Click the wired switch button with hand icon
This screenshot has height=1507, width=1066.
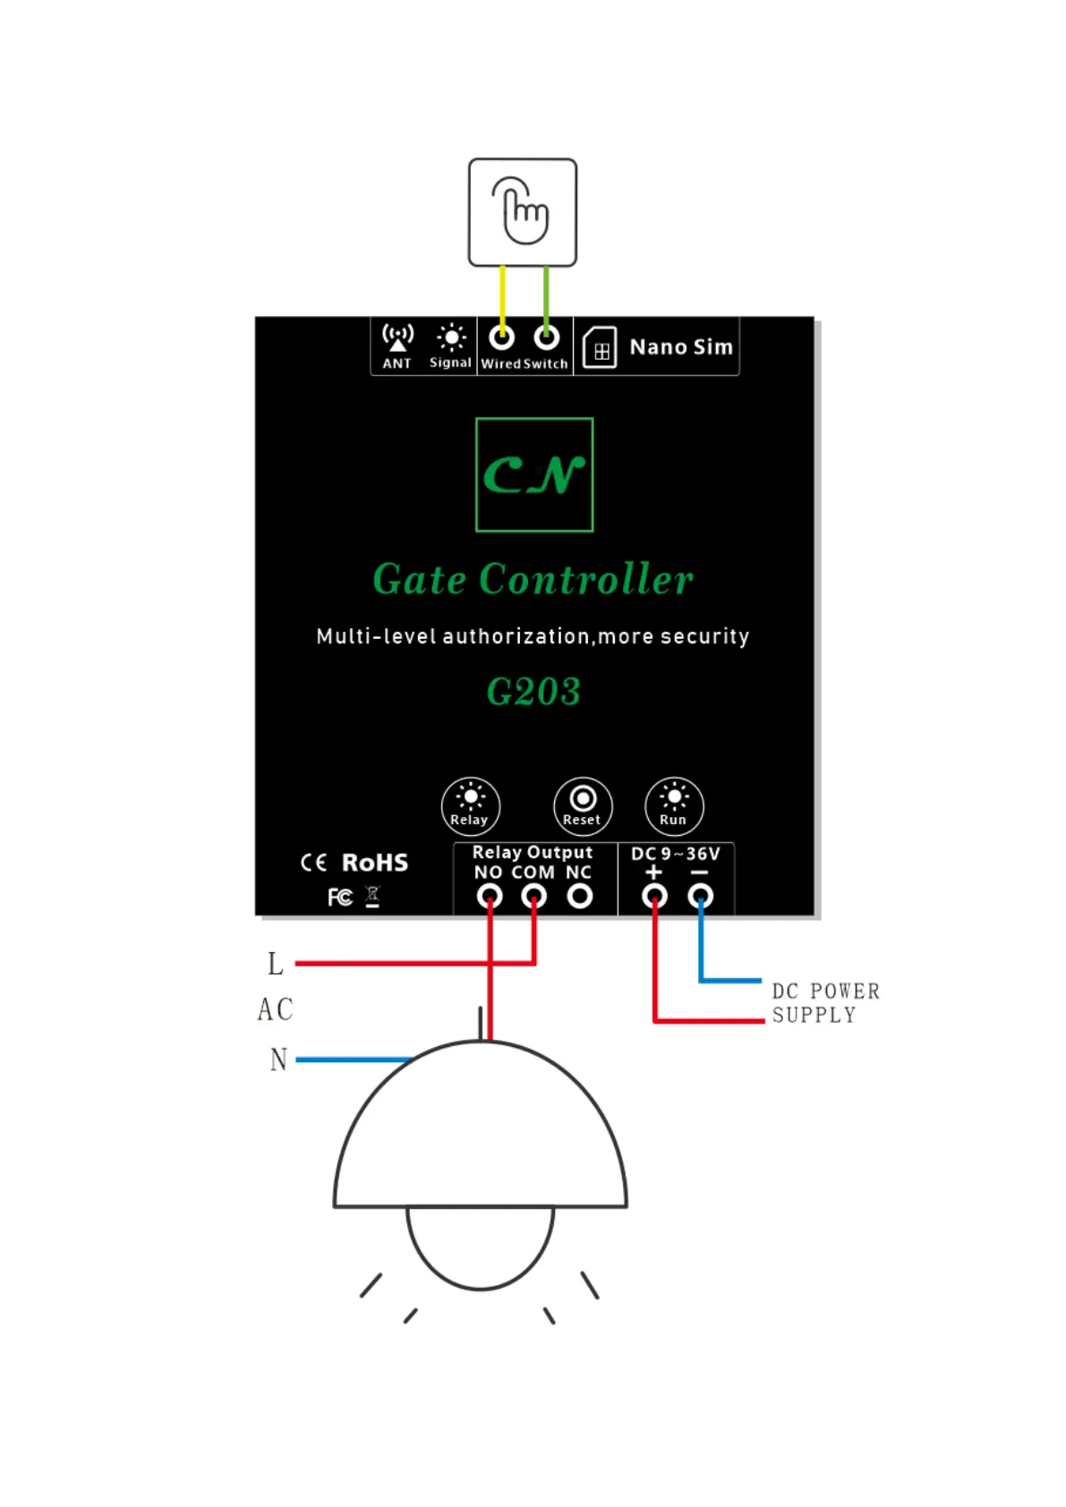[523, 212]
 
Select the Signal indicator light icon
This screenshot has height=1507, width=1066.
[451, 338]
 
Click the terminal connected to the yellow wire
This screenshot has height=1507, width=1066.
[502, 337]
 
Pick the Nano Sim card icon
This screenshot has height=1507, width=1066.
[600, 348]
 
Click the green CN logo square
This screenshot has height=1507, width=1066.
[534, 474]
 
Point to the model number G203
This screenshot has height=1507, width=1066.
[533, 692]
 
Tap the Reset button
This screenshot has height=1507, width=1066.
[583, 799]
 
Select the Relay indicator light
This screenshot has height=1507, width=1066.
[470, 799]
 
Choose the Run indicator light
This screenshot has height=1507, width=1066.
[674, 799]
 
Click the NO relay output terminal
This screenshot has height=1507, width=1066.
[489, 896]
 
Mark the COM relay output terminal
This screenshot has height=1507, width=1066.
[534, 896]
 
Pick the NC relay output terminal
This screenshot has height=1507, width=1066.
[580, 896]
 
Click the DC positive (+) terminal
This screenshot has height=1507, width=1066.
[654, 896]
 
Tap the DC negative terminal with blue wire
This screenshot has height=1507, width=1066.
[700, 896]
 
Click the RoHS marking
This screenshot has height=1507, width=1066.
[375, 863]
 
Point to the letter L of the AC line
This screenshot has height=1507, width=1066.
[276, 964]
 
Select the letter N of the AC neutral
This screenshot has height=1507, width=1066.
[279, 1060]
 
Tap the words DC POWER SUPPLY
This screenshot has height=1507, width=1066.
[825, 1003]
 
